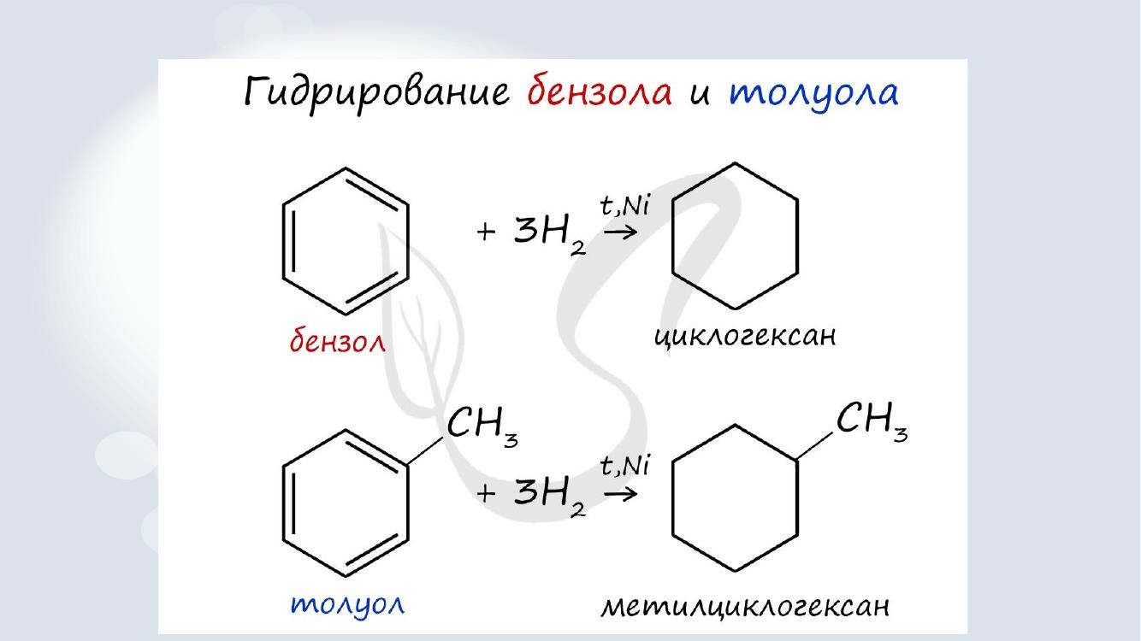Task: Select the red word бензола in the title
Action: pyautogui.click(x=600, y=91)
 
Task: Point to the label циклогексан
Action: pyautogui.click(x=745, y=337)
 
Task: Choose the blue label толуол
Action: pyautogui.click(x=347, y=605)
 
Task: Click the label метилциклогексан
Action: pyautogui.click(x=745, y=606)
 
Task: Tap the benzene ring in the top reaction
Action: pyautogui.click(x=283, y=241)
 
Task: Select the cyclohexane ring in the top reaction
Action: pyautogui.click(x=672, y=236)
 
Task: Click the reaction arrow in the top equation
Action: pyautogui.click(x=620, y=232)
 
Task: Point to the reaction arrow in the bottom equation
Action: pyautogui.click(x=620, y=493)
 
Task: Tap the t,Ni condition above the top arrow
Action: pyautogui.click(x=624, y=206)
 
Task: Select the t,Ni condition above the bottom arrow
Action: pyautogui.click(x=624, y=467)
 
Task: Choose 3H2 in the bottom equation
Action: pyautogui.click(x=550, y=497)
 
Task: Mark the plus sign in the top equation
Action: pyautogui.click(x=486, y=232)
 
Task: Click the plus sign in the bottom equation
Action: pyautogui.click(x=486, y=493)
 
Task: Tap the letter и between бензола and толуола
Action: pyautogui.click(x=700, y=95)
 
